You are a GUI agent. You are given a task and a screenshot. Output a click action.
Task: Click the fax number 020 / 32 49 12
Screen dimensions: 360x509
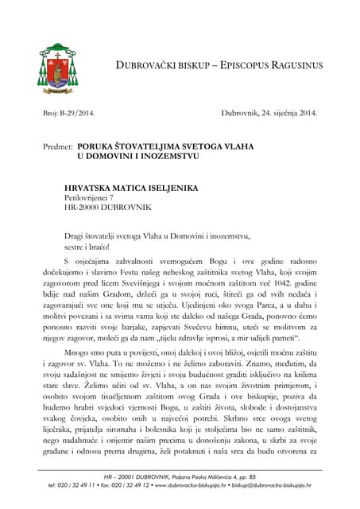click(x=128, y=484)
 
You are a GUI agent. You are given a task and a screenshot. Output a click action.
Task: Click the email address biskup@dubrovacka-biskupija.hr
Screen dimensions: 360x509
click(x=274, y=484)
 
